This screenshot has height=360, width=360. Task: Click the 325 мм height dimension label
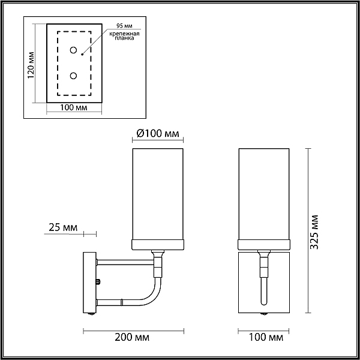[314, 232]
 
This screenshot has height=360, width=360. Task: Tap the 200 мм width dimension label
[132, 337]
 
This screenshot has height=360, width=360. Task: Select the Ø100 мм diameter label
[158, 133]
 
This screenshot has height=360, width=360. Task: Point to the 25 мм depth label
[63, 227]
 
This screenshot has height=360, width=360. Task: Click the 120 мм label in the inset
[31, 65]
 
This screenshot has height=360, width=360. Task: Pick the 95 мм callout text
[124, 26]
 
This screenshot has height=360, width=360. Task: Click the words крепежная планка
[124, 36]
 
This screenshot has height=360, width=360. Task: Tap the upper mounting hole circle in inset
[73, 50]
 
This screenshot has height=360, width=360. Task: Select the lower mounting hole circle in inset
[73, 76]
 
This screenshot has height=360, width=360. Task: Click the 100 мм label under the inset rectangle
[74, 107]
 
